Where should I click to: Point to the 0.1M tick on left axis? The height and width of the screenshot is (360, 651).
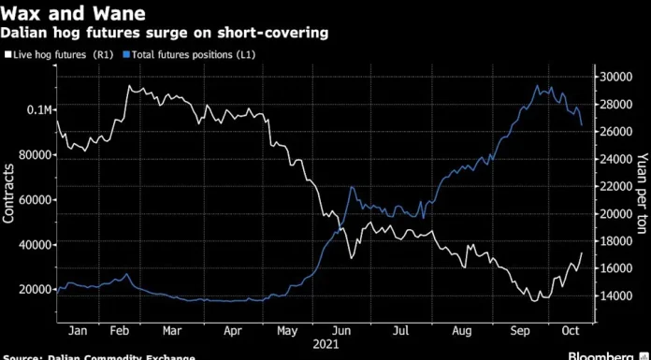click(x=31, y=110)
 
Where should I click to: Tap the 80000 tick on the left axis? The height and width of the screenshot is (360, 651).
click(x=28, y=155)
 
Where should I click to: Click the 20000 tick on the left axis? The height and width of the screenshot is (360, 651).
click(x=28, y=289)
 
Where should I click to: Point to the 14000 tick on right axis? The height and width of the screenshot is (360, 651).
click(x=615, y=295)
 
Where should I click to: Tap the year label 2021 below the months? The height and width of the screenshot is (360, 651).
click(x=325, y=345)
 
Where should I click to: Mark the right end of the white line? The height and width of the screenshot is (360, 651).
click(x=582, y=252)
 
